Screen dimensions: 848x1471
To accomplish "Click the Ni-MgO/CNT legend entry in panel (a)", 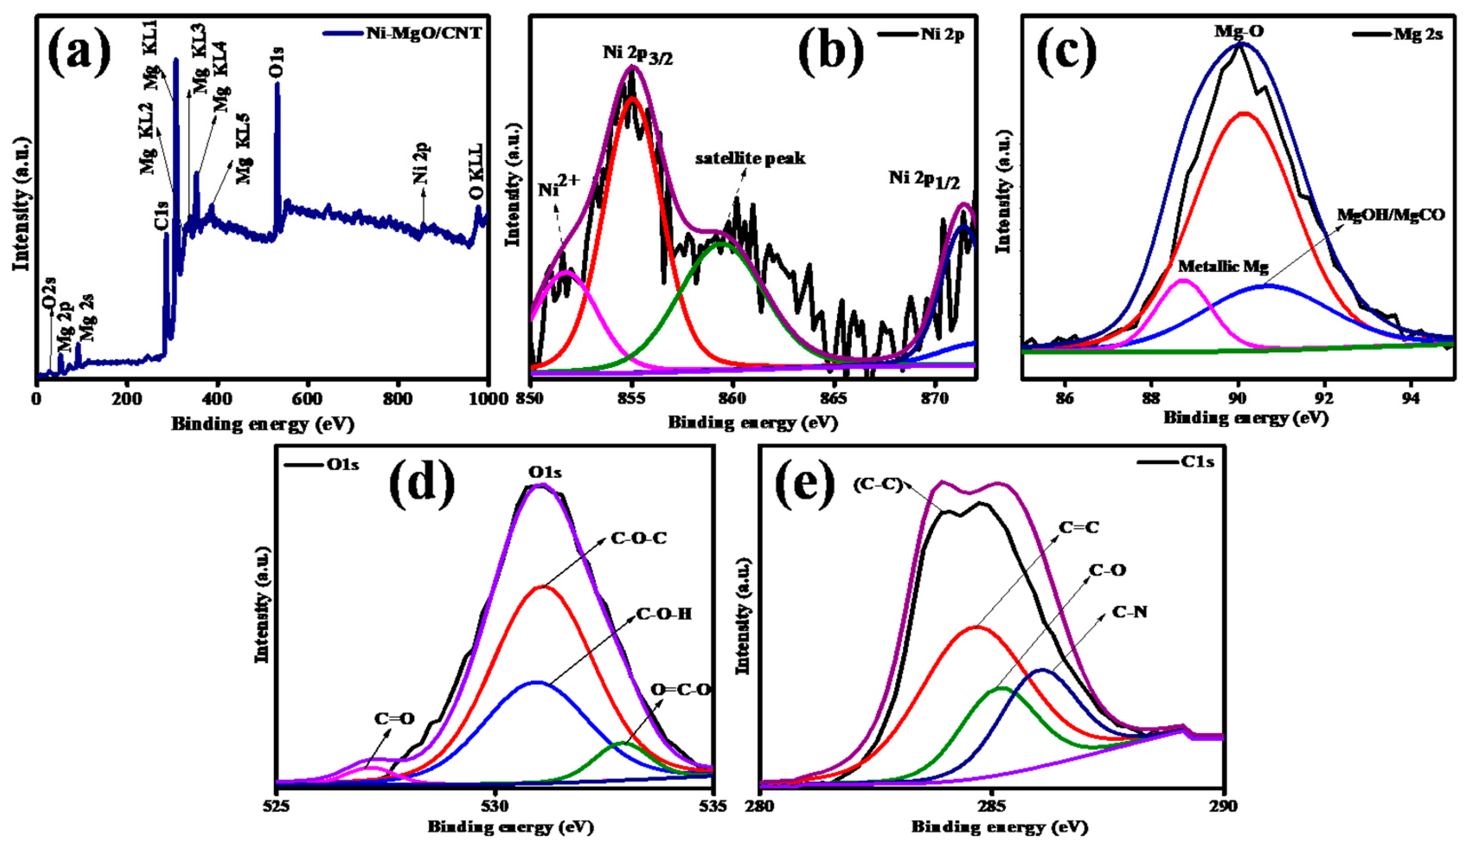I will (424, 33).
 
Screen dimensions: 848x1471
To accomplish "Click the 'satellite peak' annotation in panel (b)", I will (750, 158).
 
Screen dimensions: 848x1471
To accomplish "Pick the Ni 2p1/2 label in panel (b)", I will (924, 179).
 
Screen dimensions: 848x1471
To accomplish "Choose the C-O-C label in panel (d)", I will (638, 539).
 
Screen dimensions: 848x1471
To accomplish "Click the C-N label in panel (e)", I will (1129, 612).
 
